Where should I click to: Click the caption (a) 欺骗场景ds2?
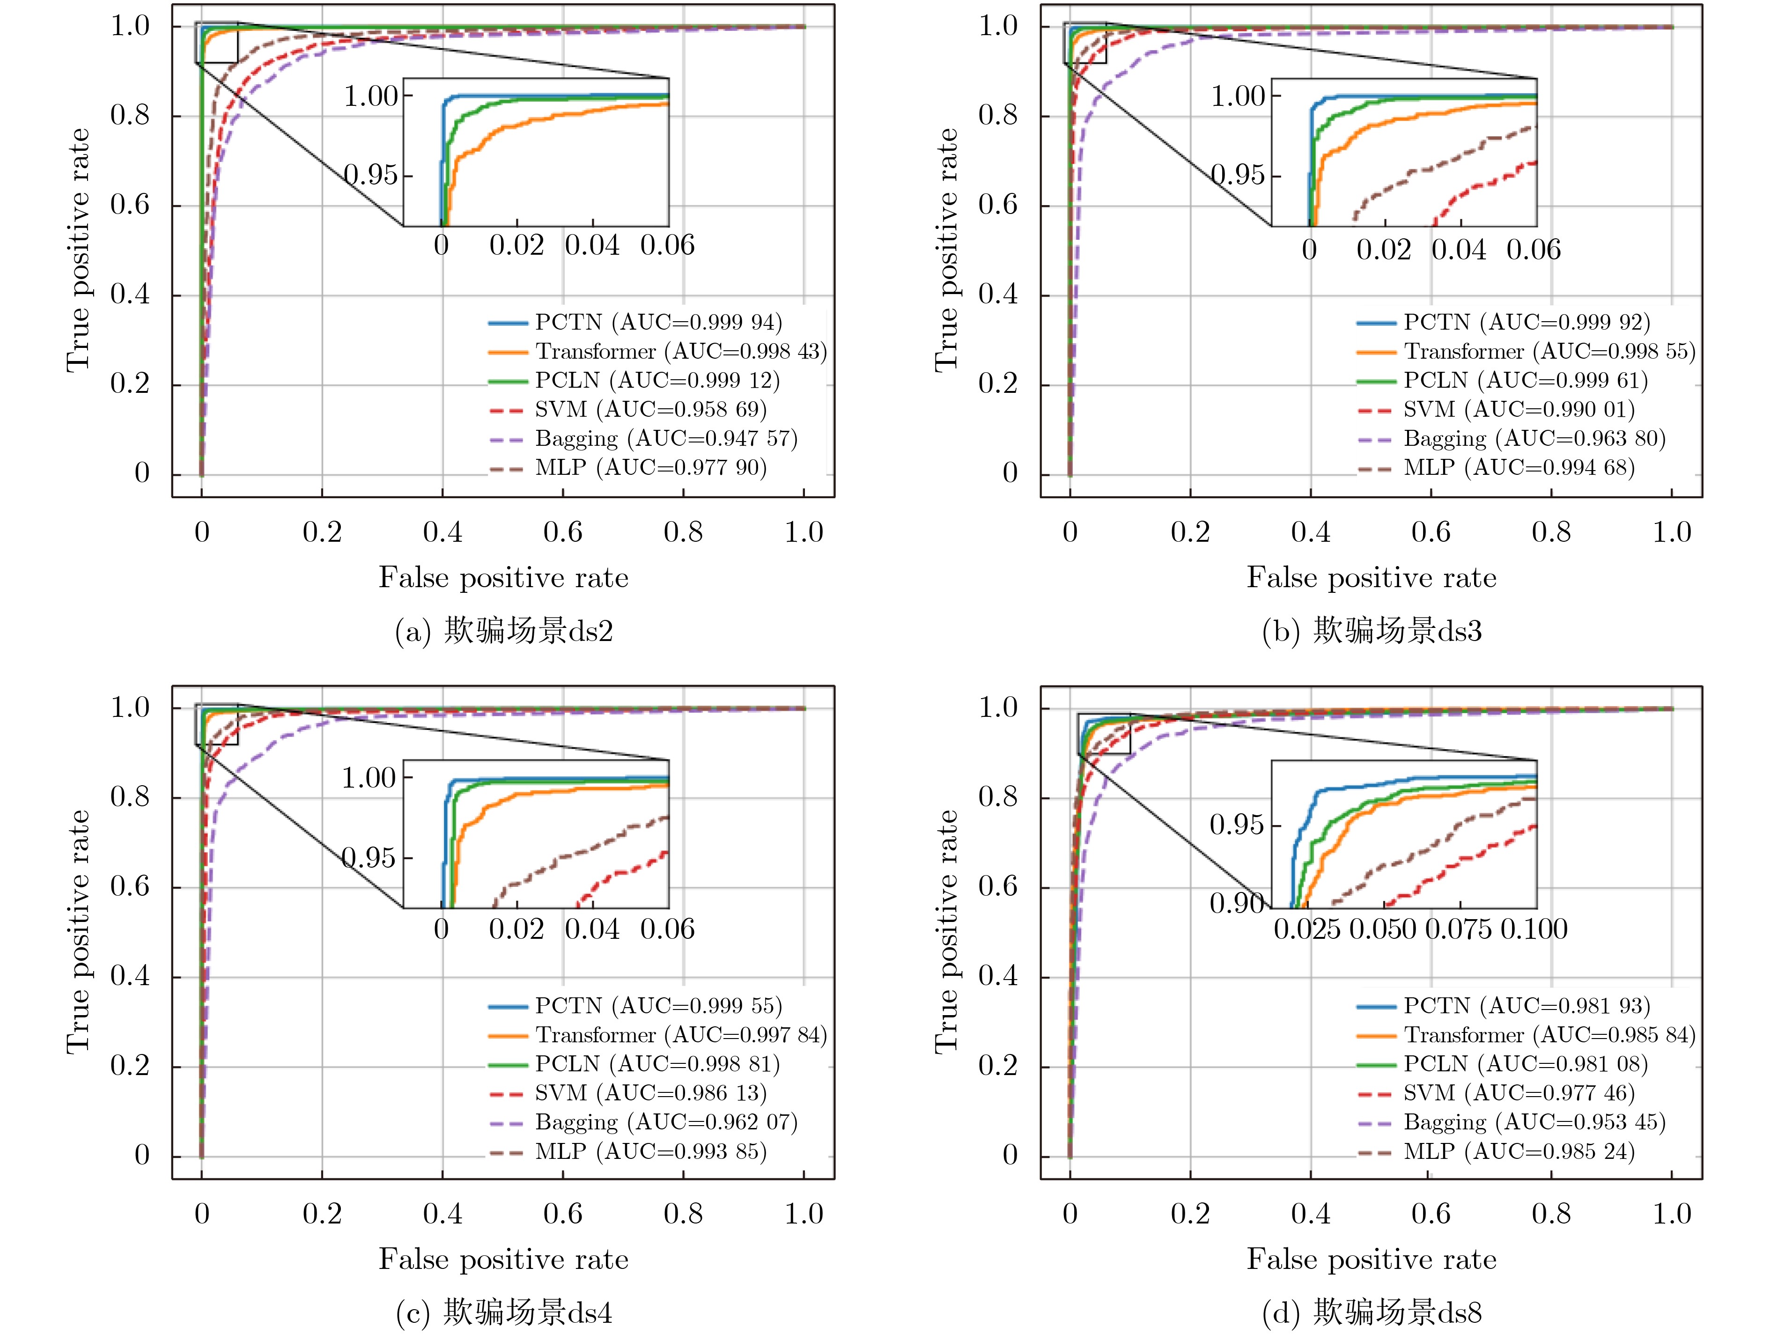tap(504, 631)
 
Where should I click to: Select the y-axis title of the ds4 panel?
tap(78, 931)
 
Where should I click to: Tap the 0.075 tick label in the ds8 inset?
tap(1458, 929)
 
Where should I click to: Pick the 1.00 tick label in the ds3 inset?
tap(1238, 97)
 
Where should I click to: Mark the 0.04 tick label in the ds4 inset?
tap(592, 929)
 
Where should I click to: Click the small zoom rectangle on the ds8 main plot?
tap(1104, 734)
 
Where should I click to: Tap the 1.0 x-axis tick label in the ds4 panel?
tap(804, 1214)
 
